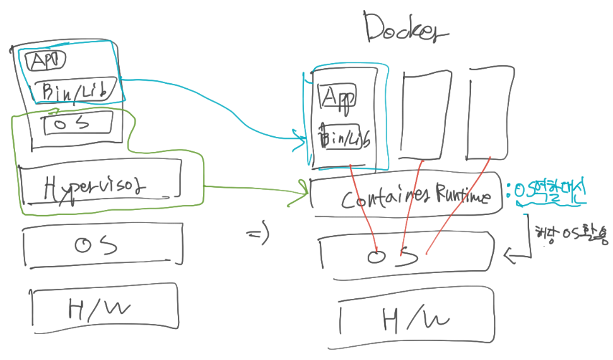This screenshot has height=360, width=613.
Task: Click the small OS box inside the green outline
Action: pyautogui.click(x=78, y=123)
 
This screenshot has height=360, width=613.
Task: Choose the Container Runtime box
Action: pyautogui.click(x=407, y=197)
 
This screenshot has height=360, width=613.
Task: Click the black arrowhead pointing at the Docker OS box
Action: pyautogui.click(x=510, y=255)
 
